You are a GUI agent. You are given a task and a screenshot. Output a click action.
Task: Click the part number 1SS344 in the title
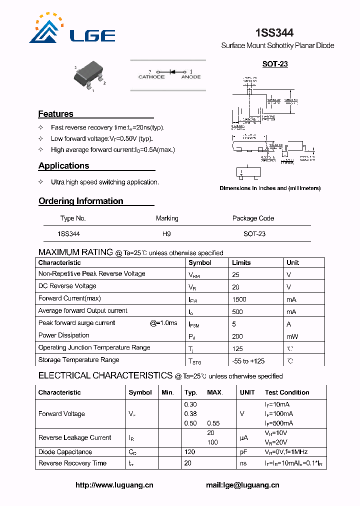pyautogui.click(x=274, y=33)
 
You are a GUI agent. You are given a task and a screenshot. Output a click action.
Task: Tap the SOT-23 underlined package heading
pyautogui.click(x=275, y=64)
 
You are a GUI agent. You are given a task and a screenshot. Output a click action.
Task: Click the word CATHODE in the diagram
pyautogui.click(x=151, y=77)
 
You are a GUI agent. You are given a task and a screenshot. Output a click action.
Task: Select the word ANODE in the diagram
pyautogui.click(x=190, y=77)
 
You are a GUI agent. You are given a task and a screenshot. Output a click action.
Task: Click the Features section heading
pyautogui.click(x=55, y=114)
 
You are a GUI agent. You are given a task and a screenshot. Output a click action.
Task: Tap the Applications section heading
pyautogui.click(x=63, y=166)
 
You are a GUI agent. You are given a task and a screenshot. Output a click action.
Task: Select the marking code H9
pyautogui.click(x=166, y=234)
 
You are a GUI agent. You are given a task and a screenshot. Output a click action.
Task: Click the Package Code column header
pyautogui.click(x=253, y=218)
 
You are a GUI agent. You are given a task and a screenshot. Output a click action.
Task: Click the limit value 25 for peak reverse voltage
pyautogui.click(x=235, y=274)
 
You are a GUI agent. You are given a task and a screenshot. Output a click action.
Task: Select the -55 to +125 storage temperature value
pyautogui.click(x=248, y=360)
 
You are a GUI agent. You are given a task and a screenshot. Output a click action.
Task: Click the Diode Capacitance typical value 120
pyautogui.click(x=189, y=452)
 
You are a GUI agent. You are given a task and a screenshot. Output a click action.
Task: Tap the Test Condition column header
pyautogui.click(x=286, y=392)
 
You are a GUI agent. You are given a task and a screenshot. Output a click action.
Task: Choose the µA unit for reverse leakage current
pyautogui.click(x=243, y=438)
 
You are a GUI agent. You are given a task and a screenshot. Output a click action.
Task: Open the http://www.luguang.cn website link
pyautogui.click(x=114, y=485)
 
